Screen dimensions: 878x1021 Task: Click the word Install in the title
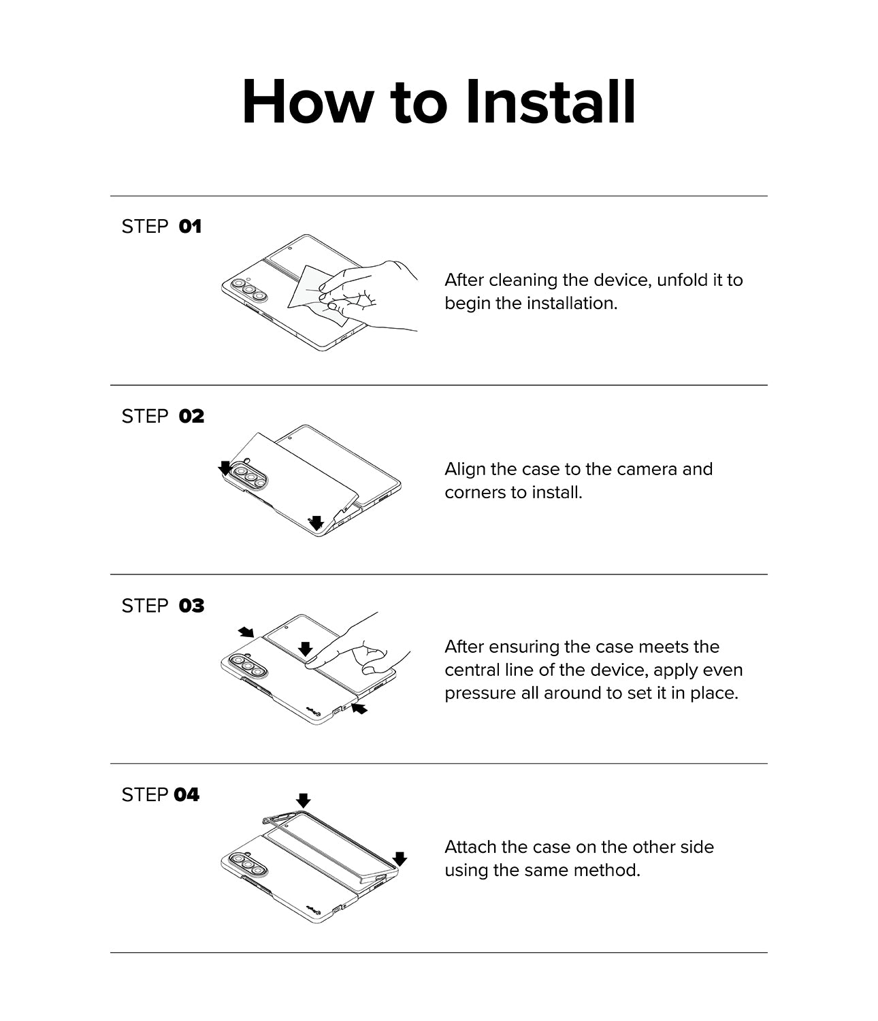tap(551, 102)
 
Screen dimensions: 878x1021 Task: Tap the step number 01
tap(190, 227)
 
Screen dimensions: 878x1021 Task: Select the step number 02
tap(192, 417)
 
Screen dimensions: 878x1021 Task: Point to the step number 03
tap(192, 606)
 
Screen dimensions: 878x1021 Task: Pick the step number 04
tap(186, 795)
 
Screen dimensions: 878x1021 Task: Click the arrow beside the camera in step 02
tap(225, 468)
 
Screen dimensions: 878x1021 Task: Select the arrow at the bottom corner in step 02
tap(316, 523)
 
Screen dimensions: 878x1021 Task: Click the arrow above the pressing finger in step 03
tap(306, 649)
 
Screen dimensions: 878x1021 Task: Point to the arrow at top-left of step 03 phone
tap(246, 632)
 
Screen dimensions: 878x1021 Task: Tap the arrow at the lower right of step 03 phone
tap(359, 709)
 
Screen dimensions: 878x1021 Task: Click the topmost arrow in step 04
tap(303, 800)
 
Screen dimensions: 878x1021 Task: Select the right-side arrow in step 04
tap(400, 858)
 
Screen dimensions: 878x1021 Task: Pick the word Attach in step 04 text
tap(470, 847)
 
